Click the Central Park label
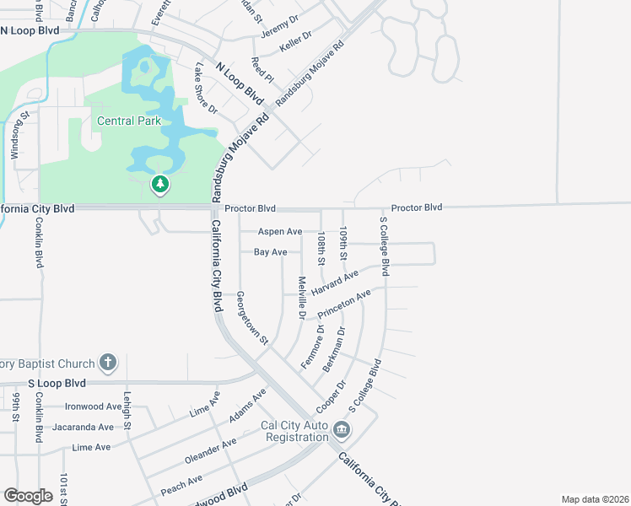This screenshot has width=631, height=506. coord(128,121)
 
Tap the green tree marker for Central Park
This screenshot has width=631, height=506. coord(159,184)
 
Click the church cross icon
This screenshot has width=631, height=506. coord(107,363)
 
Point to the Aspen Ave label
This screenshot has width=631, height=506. coord(281,231)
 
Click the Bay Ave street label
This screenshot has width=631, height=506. coord(271,252)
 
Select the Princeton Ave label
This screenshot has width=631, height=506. coord(344,304)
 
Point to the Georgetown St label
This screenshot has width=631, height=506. coord(251,319)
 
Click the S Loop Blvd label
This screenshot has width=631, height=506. coord(57,383)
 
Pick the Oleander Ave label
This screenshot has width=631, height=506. coord(211,451)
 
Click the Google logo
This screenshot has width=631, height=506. coord(28,496)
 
